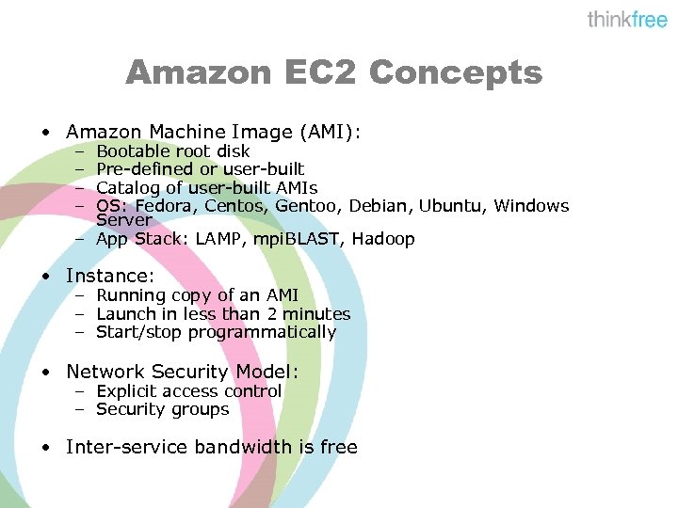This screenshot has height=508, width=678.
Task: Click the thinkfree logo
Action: [x=627, y=20]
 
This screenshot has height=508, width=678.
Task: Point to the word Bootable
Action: [x=133, y=151]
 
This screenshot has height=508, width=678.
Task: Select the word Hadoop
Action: [x=383, y=239]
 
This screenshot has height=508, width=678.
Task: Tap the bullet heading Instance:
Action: [x=109, y=277]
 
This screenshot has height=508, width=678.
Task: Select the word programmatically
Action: [x=262, y=332]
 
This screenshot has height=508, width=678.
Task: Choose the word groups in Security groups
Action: [x=199, y=409]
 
